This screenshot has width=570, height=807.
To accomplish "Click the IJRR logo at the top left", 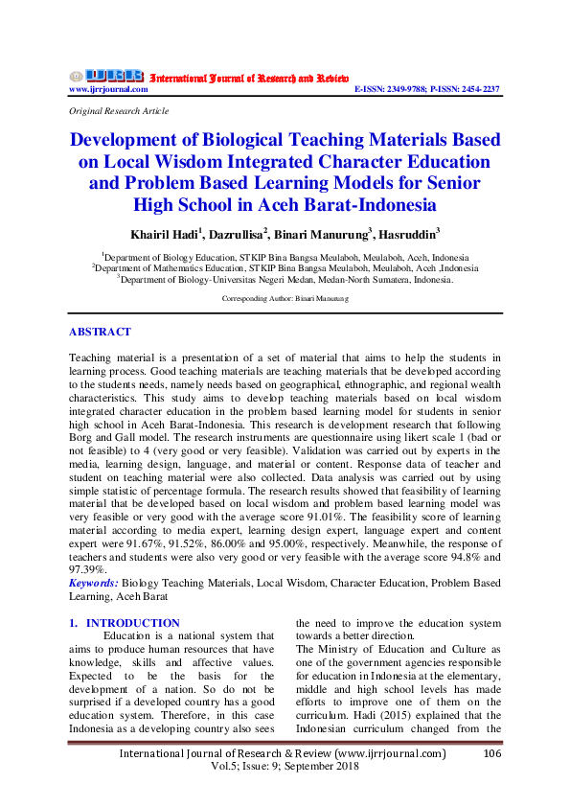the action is (114, 76).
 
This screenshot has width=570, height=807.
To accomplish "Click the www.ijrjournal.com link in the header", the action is (107, 89).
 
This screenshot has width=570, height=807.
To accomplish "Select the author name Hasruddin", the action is (409, 233).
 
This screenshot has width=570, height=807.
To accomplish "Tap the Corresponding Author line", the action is (285, 299).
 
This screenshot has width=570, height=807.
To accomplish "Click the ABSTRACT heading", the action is (100, 332).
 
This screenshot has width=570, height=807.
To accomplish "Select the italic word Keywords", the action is (94, 583).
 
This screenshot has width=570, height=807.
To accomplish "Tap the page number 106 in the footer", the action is (492, 754).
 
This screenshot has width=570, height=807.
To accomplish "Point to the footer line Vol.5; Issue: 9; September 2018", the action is (285, 769).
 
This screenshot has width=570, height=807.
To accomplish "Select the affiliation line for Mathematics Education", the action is (285, 268).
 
